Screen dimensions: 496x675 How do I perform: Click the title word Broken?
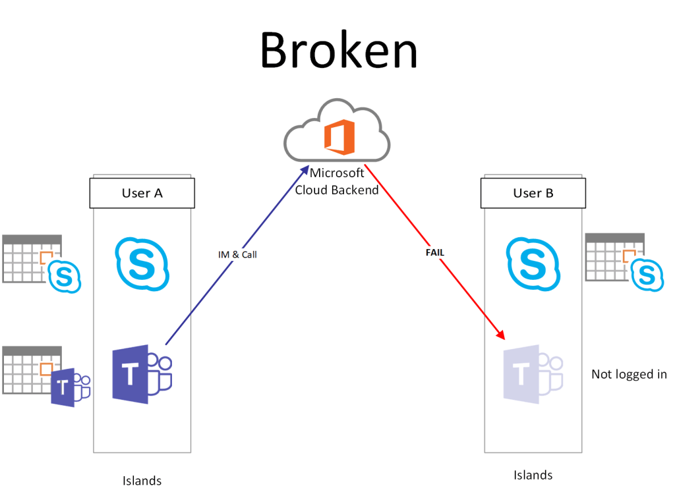click(339, 51)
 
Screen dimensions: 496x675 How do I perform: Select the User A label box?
click(142, 194)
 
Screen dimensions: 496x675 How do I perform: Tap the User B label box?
click(533, 194)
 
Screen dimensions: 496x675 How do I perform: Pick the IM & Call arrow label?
click(237, 254)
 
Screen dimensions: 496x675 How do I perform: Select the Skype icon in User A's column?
click(142, 264)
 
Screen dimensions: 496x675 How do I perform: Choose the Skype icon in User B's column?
click(533, 264)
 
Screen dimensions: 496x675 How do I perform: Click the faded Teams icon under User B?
click(533, 374)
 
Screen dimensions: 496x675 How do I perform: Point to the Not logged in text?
click(629, 374)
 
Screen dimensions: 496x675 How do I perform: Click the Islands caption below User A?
click(142, 480)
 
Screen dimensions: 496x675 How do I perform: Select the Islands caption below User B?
click(533, 474)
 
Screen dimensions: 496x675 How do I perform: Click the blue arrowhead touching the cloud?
click(304, 171)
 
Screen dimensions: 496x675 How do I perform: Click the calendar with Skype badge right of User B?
click(623, 260)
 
